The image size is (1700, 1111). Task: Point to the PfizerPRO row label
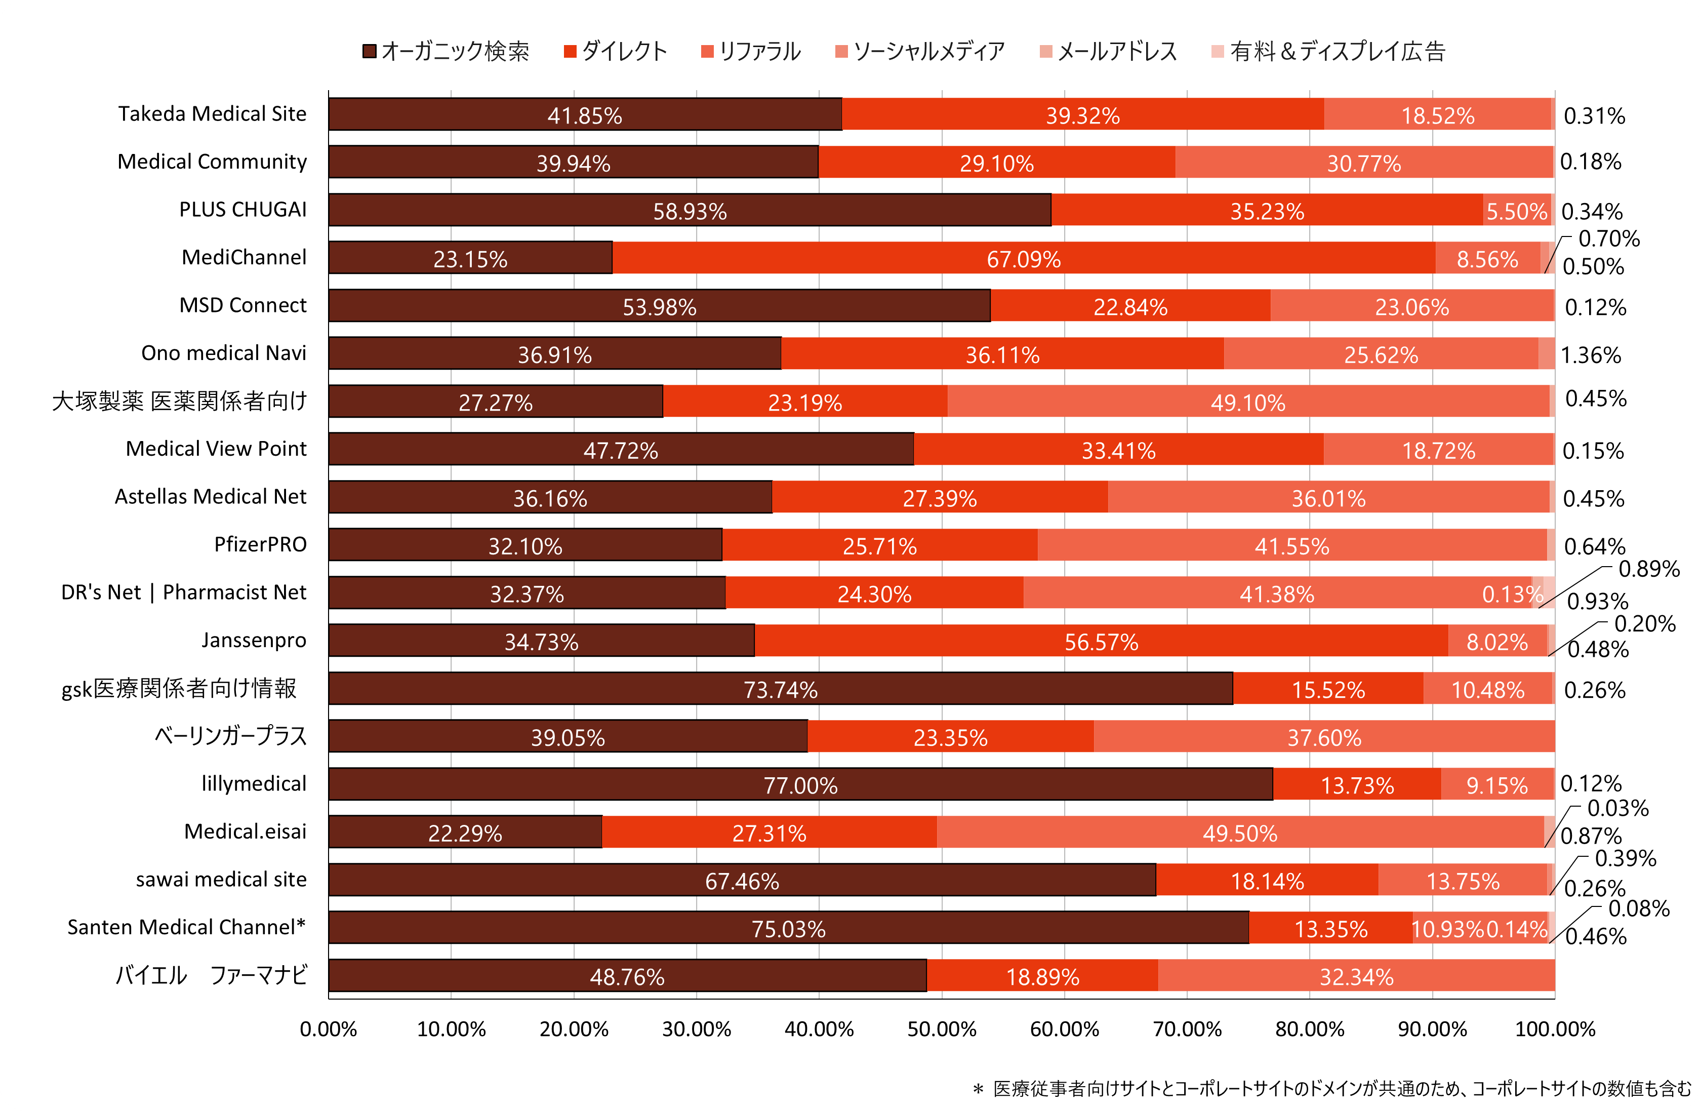[260, 544]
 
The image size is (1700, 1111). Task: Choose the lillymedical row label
[254, 784]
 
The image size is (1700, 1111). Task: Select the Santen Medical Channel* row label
[186, 927]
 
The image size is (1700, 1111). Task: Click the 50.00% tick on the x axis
[942, 1029]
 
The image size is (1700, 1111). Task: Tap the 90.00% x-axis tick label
[1432, 1029]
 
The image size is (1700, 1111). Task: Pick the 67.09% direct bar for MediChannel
[1024, 258]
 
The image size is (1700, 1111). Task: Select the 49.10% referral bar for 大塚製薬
[1248, 402]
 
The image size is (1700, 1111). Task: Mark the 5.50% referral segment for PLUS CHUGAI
[1516, 211]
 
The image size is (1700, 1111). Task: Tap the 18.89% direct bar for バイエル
[1042, 976]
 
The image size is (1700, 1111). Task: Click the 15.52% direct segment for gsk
[1328, 689]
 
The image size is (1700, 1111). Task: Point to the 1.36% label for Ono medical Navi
[1591, 355]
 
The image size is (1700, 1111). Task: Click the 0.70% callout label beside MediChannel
[1608, 239]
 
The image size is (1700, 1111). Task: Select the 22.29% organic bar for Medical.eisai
[465, 832]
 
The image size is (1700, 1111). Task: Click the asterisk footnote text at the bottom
[1332, 1088]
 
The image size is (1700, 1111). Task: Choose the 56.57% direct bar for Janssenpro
[1101, 641]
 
